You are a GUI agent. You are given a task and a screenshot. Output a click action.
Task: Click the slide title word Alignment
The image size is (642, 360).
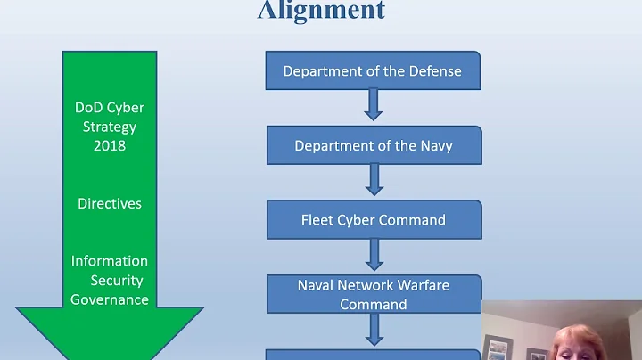tap(321, 10)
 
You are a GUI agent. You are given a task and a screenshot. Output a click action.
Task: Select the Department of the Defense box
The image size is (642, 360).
tap(373, 70)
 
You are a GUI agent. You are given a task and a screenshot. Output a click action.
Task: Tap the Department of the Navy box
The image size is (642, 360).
tap(373, 145)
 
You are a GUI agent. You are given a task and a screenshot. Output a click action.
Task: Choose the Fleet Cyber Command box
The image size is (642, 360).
tap(373, 219)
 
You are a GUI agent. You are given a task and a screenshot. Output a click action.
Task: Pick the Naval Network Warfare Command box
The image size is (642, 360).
tap(373, 294)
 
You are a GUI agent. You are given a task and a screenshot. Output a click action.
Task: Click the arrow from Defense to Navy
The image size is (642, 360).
tap(374, 105)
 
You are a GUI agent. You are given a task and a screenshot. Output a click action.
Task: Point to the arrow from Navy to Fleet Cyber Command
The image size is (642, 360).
tap(374, 179)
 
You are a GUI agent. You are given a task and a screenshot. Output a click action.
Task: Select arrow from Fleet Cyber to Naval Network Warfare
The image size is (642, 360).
tap(374, 254)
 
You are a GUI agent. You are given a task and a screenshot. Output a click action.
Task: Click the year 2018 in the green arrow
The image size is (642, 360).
tap(110, 145)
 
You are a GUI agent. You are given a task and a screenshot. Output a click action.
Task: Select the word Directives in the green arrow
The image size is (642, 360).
tap(110, 203)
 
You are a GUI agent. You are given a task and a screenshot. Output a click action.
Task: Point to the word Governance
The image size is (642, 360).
tap(110, 299)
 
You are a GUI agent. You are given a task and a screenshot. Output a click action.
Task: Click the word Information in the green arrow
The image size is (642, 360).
tap(110, 261)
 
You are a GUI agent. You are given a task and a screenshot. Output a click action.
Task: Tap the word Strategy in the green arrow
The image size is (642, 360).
tap(110, 127)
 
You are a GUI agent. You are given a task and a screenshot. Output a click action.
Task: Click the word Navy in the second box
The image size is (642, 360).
tap(434, 145)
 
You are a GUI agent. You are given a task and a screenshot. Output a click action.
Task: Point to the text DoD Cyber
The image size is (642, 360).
tap(110, 108)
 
